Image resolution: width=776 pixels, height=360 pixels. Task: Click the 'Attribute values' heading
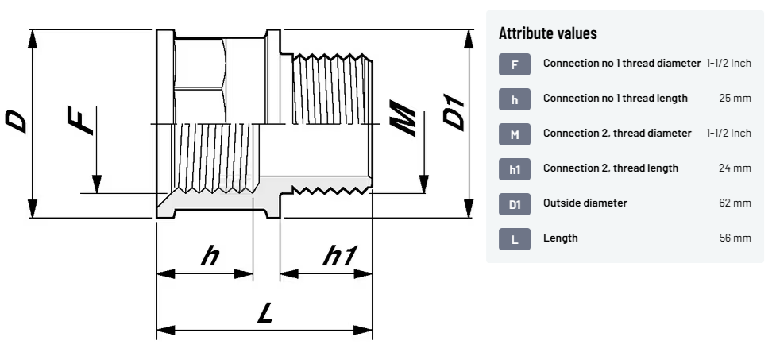coord(548,33)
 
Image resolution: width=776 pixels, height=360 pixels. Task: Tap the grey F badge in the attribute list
coord(515,64)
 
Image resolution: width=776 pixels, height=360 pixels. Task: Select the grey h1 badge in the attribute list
coord(515,169)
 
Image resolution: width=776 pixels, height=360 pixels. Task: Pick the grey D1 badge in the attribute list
coord(515,204)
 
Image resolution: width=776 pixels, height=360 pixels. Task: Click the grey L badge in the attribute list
coord(515,239)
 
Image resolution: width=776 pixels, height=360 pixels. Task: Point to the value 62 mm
coord(735,203)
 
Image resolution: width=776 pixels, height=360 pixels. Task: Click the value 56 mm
coord(735,238)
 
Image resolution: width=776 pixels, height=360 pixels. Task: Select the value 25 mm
coord(735,98)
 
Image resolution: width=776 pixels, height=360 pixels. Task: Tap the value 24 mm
coord(735,168)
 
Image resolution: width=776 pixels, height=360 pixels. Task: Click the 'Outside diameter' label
coord(585,203)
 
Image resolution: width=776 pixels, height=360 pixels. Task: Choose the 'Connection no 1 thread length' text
coord(615,98)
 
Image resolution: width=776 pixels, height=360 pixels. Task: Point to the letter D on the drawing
coord(16,122)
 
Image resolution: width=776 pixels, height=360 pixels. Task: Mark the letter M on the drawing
coord(403,118)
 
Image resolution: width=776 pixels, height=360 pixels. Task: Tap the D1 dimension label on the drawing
coord(454,114)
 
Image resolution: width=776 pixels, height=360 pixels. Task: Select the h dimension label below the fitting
coord(210,256)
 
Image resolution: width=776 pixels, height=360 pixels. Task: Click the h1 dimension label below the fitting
coord(339,256)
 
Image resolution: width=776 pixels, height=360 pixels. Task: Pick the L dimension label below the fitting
coord(265,313)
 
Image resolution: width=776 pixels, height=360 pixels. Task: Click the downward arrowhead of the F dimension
coord(97,184)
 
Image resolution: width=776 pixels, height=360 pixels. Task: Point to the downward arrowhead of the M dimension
coord(424,184)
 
